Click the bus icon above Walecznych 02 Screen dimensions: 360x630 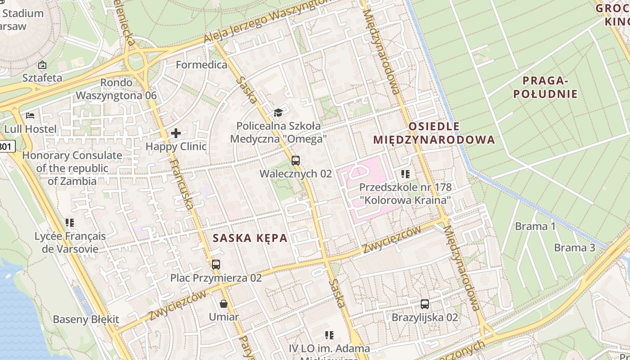(x=295, y=160)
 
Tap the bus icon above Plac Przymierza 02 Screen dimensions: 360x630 (x=216, y=264)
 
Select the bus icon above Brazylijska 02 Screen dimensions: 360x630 (x=424, y=304)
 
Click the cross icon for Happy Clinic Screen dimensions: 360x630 (x=176, y=133)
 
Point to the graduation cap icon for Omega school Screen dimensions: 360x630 (x=278, y=112)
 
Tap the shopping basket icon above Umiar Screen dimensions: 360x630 (x=224, y=304)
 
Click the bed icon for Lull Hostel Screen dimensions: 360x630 (x=30, y=116)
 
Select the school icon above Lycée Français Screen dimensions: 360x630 (x=70, y=222)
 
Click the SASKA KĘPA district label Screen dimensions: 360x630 (x=250, y=238)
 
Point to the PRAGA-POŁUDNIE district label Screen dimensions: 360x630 (x=549, y=87)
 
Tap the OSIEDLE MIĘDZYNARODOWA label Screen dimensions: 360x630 (x=434, y=133)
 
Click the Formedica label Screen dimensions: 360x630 (x=202, y=65)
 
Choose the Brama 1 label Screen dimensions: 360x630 (x=535, y=226)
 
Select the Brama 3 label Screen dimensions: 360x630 (x=574, y=247)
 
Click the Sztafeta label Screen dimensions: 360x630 (x=42, y=77)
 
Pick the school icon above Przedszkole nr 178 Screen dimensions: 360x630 (x=405, y=174)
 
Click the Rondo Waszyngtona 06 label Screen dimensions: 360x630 (x=116, y=89)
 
